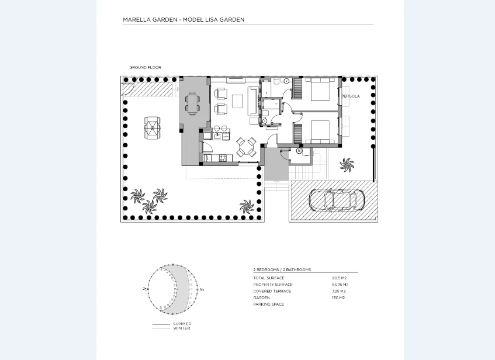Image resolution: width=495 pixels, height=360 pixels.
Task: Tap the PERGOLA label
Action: [x=351, y=96]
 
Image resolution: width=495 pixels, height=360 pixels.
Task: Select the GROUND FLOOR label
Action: [x=145, y=68]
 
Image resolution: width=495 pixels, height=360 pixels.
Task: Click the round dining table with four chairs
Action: [x=246, y=147]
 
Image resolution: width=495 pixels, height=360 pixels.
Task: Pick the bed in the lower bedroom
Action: [x=319, y=132]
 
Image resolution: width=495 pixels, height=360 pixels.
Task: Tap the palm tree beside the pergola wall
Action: [x=347, y=165]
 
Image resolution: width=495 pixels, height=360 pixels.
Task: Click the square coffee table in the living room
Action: [x=238, y=101]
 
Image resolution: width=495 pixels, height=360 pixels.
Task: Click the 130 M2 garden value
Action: [x=338, y=297]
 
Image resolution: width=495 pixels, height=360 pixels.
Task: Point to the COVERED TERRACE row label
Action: [x=272, y=291]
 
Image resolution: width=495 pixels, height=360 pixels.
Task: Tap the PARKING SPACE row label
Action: [x=268, y=304]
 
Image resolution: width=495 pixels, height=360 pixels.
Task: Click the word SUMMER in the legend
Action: [x=182, y=324]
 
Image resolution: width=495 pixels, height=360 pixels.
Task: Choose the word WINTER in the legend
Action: [x=181, y=328]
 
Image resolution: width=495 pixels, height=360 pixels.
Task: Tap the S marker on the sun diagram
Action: [x=202, y=289]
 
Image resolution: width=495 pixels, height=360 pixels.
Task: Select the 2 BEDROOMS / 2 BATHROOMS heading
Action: [x=282, y=270]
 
